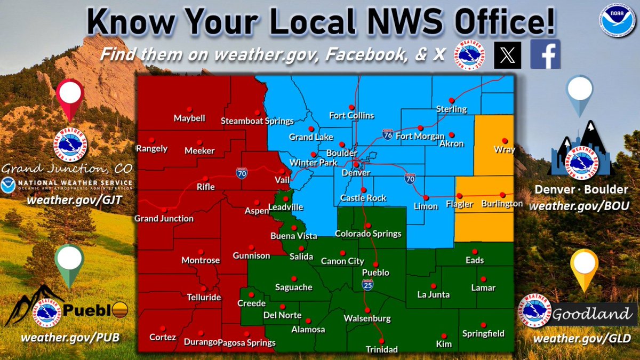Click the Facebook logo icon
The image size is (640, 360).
(x=545, y=54)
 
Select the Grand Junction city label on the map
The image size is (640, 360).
(x=164, y=218)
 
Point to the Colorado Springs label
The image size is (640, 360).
(x=368, y=234)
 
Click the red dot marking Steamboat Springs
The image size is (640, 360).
(x=257, y=112)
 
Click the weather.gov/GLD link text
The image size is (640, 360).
(x=582, y=338)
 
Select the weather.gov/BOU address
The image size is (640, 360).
(x=582, y=205)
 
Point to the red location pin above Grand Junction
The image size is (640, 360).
(x=70, y=97)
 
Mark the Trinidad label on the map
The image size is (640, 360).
(x=381, y=349)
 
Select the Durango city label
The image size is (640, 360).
(x=200, y=342)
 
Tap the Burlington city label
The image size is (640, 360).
(x=501, y=204)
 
